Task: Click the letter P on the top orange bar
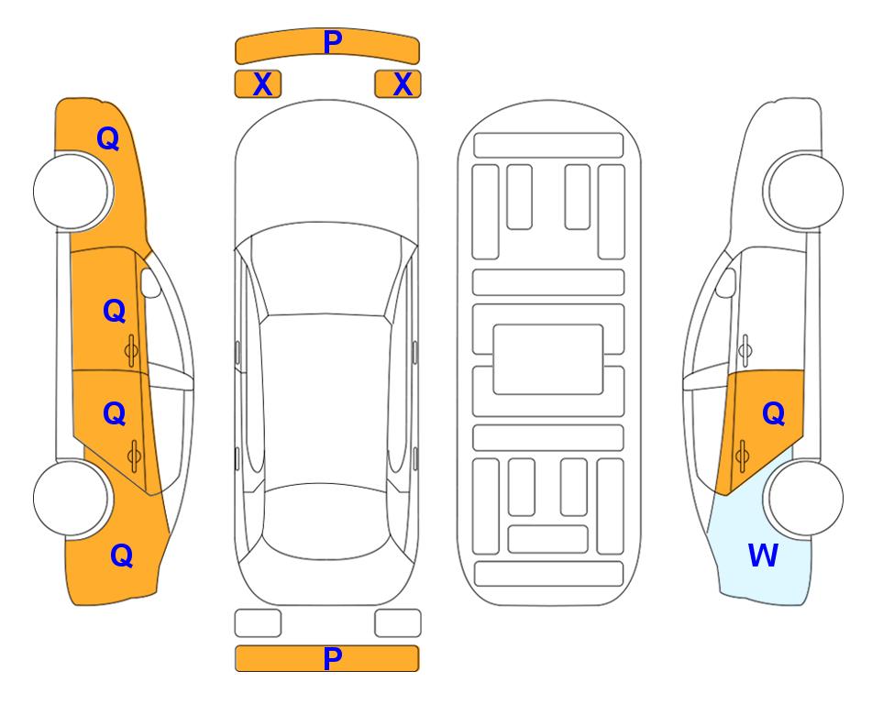[x=333, y=41]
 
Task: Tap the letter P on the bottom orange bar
[x=333, y=658]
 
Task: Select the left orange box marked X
[x=258, y=84]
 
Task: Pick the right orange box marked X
[x=398, y=84]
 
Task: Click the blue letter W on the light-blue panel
[x=763, y=555]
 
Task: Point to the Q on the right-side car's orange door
[x=774, y=414]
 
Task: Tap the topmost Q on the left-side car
[x=108, y=138]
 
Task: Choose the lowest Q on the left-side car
[x=122, y=555]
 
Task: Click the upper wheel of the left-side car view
[x=72, y=191]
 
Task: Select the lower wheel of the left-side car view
[x=72, y=498]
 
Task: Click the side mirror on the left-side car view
[x=150, y=282]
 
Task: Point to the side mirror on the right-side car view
[x=726, y=282]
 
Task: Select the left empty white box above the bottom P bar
[x=258, y=623]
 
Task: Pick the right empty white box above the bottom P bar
[x=398, y=623]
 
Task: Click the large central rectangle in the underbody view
[x=548, y=359]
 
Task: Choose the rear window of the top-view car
[x=327, y=521]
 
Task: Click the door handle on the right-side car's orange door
[x=742, y=456]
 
